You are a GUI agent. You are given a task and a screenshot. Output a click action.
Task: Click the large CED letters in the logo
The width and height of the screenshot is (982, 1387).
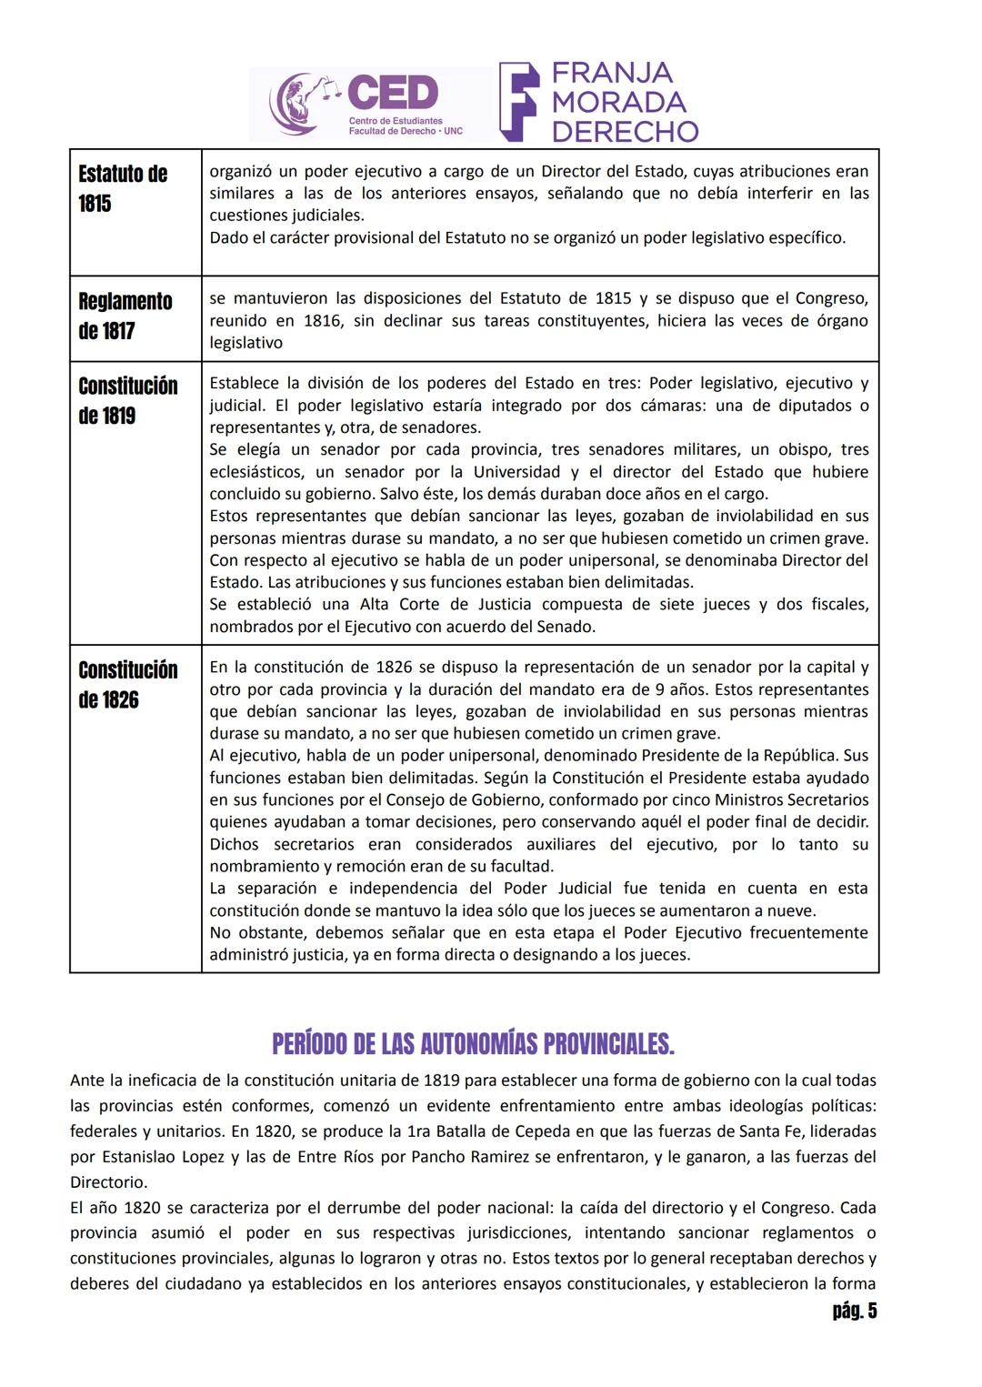[x=393, y=93]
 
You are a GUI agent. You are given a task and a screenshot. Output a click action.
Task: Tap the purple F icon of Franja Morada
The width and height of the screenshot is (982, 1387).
[x=518, y=102]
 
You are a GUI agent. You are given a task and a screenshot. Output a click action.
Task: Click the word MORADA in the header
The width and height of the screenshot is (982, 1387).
[x=618, y=102]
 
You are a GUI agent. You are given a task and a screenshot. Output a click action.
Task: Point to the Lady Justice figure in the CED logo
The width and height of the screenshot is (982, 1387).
[x=299, y=104]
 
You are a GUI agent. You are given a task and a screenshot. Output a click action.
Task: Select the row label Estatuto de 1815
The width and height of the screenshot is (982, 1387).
[x=123, y=188]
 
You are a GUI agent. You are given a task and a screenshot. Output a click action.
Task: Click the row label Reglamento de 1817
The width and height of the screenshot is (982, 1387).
[x=125, y=316]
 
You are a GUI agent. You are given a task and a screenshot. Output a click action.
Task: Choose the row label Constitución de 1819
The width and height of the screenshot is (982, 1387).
[x=127, y=400]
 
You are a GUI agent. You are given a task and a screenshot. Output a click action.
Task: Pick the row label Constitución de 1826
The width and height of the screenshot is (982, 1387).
[x=127, y=684]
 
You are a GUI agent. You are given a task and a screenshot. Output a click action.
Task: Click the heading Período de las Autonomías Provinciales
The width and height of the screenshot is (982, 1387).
[x=473, y=1043]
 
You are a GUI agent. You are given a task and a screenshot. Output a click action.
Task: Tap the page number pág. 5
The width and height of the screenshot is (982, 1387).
[x=854, y=1311]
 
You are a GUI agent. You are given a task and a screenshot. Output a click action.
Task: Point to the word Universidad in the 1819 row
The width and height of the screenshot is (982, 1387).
[x=524, y=472]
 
